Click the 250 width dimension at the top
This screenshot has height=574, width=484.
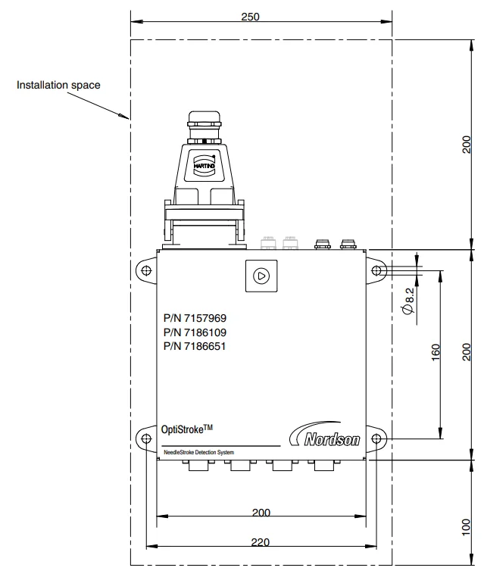click(261, 16)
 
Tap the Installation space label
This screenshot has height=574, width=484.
click(58, 86)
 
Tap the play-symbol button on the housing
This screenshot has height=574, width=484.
click(261, 276)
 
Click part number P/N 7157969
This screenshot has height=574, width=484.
click(195, 319)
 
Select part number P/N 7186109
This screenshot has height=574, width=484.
click(195, 332)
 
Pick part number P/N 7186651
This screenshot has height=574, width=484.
click(195, 346)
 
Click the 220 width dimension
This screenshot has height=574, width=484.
click(261, 541)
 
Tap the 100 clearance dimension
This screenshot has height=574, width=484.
click(466, 527)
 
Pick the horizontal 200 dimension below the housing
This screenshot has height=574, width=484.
click(261, 513)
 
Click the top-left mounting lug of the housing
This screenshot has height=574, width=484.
click(145, 270)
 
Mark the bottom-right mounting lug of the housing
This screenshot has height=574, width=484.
click(376, 438)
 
